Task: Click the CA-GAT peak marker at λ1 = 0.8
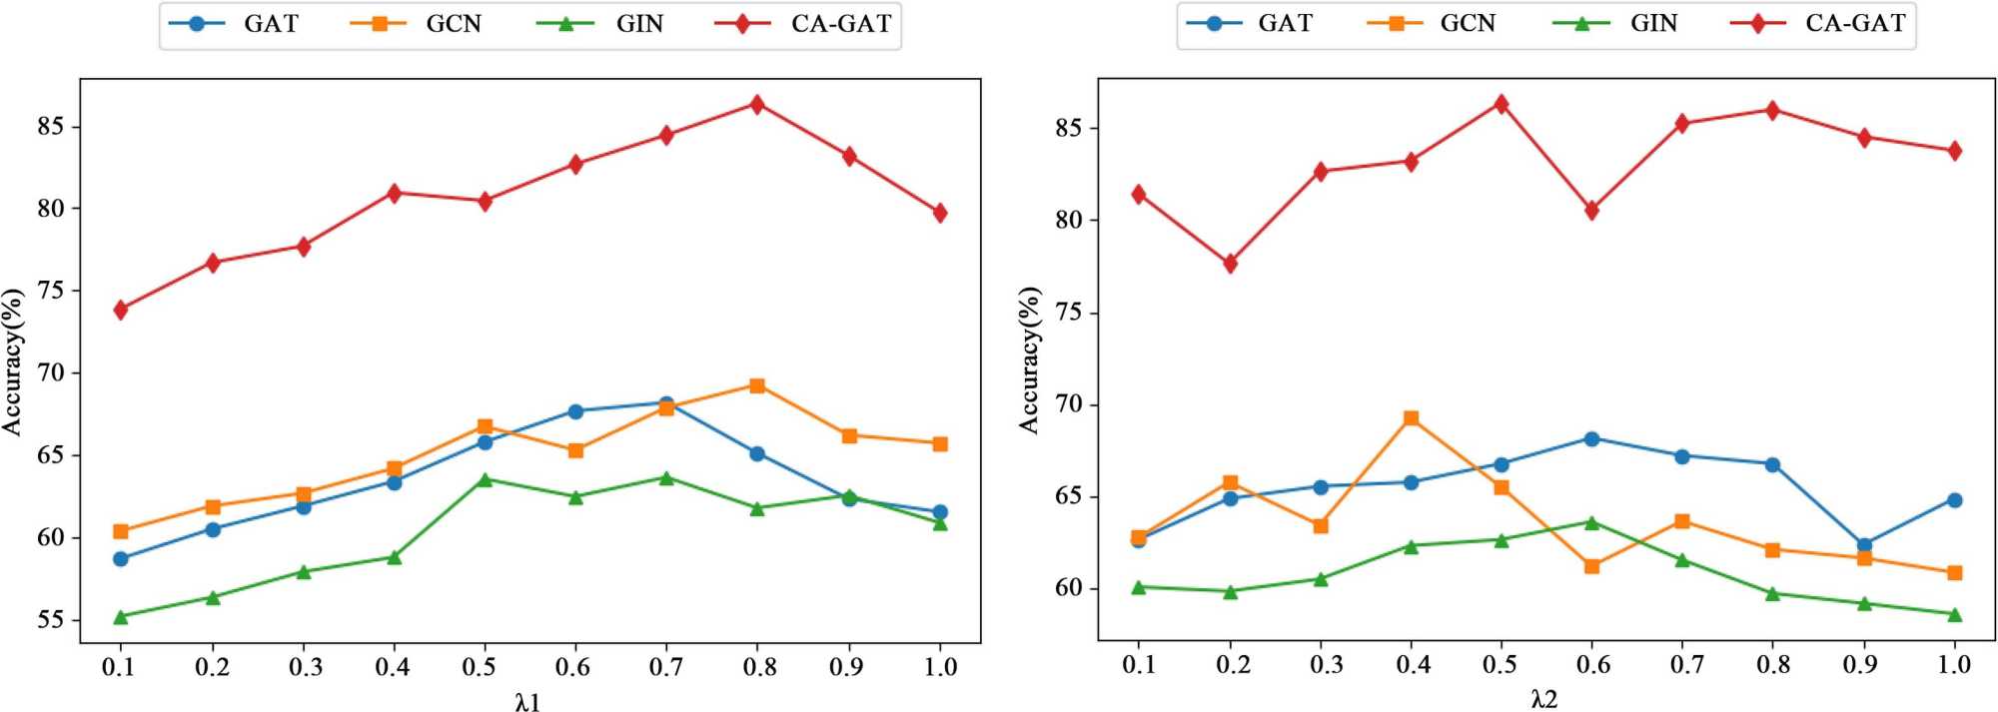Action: pos(757,104)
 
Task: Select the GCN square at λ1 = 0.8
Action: pos(757,385)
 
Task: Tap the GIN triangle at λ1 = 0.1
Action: pos(121,617)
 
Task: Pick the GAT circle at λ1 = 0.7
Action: pos(666,403)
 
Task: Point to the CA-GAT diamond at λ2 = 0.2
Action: pos(1230,264)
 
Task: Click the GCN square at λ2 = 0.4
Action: pos(1411,418)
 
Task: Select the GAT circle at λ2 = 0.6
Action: pos(1591,438)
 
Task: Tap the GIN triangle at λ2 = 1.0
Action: pos(1954,614)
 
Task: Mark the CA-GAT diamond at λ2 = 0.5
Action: pos(1500,104)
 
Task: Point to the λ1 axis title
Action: pos(528,702)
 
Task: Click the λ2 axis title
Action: pos(1543,700)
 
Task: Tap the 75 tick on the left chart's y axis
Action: pos(50,292)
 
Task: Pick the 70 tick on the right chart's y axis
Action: pos(1068,405)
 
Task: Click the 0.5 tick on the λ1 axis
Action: pos(485,667)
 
